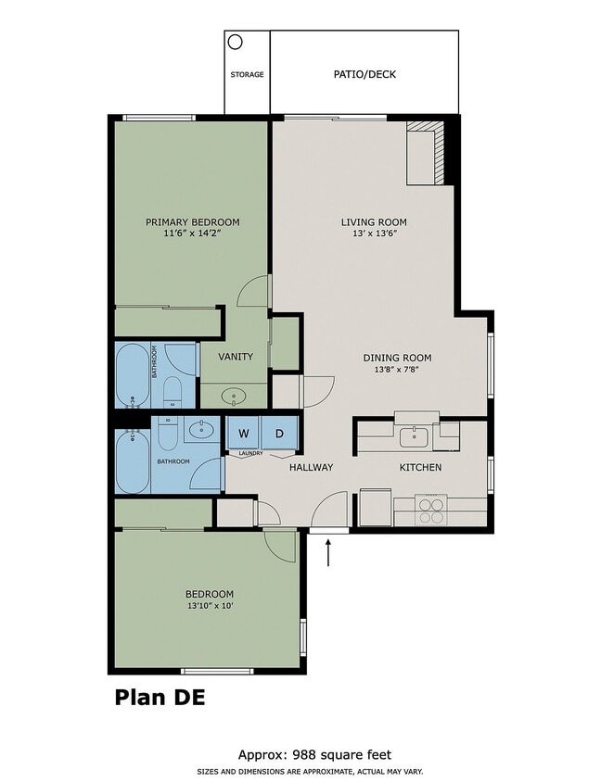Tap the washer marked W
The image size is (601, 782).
coord(244,433)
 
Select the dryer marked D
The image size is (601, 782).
coord(278,433)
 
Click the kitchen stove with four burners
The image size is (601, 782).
coord(431,511)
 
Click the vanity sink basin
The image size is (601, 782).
coord(233,396)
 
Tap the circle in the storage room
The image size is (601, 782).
coord(236,42)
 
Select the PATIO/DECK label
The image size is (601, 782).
coord(364,74)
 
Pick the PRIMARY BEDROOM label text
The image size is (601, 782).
coord(193,222)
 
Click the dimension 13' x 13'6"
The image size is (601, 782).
coord(374,235)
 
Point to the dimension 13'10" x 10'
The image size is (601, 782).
coord(209,606)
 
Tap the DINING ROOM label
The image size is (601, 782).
coord(397,358)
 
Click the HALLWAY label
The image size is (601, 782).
coord(311,467)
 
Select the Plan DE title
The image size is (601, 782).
coord(159,697)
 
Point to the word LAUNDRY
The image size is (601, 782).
coord(251,453)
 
